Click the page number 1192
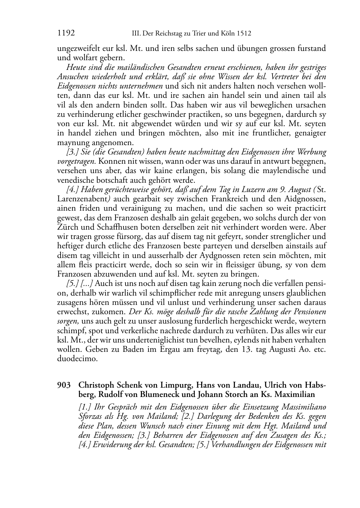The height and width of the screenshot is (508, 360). coord(66,33)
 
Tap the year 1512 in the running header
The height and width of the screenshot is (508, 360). coord(244,34)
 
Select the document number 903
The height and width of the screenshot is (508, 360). coord(63,385)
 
